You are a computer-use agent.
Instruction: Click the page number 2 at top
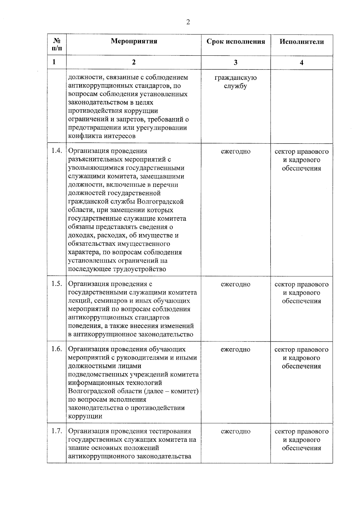tap(188, 22)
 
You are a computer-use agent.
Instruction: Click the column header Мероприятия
tap(134, 41)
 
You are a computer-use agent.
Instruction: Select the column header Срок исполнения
tap(236, 41)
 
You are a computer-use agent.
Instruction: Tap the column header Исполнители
tap(301, 42)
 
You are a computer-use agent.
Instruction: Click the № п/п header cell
tap(57, 45)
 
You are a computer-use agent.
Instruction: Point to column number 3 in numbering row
tap(235, 62)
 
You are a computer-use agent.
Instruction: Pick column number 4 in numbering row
tap(301, 62)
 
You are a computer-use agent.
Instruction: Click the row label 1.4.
tap(57, 151)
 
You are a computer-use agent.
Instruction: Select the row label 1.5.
tap(57, 284)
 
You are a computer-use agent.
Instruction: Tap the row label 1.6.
tap(57, 349)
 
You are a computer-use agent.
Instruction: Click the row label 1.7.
tap(57, 431)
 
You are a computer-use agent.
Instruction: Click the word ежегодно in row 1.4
tap(235, 151)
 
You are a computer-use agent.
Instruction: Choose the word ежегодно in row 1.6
tap(235, 349)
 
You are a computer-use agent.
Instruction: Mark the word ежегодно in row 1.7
tap(235, 432)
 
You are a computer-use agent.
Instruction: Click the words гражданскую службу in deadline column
tap(235, 82)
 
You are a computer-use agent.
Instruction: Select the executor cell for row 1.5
tap(301, 293)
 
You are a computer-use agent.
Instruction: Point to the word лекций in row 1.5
tap(78, 301)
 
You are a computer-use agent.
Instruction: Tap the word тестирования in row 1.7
tap(170, 431)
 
